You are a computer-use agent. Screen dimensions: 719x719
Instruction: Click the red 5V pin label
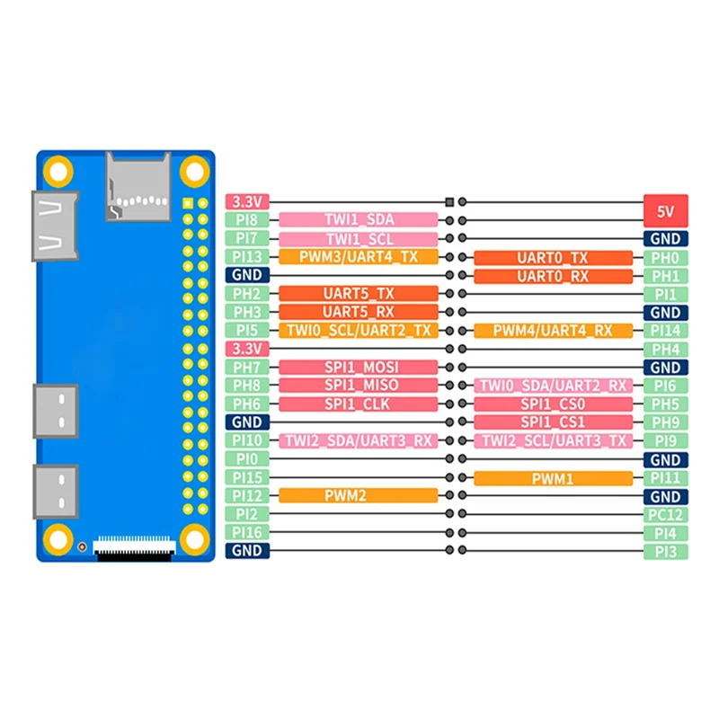pyautogui.click(x=666, y=212)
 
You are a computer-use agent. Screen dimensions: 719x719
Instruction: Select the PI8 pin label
pyautogui.click(x=246, y=220)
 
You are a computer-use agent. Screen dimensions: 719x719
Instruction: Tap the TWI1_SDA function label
pyautogui.click(x=359, y=220)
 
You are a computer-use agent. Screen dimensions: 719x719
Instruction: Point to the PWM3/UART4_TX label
pyautogui.click(x=359, y=257)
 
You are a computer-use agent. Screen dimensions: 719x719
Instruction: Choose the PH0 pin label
pyautogui.click(x=666, y=258)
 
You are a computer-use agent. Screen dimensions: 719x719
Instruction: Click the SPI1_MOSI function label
pyautogui.click(x=359, y=367)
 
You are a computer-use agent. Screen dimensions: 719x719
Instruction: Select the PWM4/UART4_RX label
pyautogui.click(x=553, y=331)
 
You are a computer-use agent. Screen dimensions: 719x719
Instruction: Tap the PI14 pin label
pyautogui.click(x=666, y=331)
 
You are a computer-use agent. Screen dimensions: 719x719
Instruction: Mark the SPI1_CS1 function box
pyautogui.click(x=553, y=422)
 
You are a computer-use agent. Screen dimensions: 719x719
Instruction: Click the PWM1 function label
pyautogui.click(x=553, y=478)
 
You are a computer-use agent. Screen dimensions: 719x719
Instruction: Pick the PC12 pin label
pyautogui.click(x=666, y=514)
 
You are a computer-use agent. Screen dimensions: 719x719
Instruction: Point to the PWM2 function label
pyautogui.click(x=359, y=495)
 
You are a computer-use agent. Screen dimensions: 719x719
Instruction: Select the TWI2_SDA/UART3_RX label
pyautogui.click(x=359, y=440)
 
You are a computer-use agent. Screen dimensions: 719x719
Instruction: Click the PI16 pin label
pyautogui.click(x=246, y=532)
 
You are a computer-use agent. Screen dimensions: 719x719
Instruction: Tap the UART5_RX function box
pyautogui.click(x=359, y=312)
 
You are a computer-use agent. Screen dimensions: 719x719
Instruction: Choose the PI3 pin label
pyautogui.click(x=666, y=550)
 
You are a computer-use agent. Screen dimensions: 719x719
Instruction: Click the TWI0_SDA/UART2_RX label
pyautogui.click(x=553, y=386)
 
